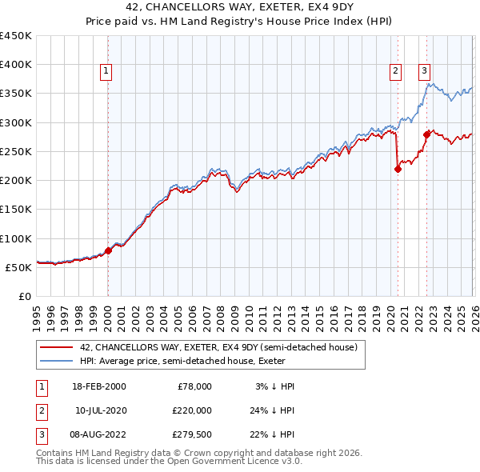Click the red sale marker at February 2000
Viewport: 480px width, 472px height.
(108, 250)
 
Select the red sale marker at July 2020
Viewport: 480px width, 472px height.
(398, 168)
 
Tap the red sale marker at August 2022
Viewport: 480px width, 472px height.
(426, 134)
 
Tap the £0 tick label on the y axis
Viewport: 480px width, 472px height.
(24, 296)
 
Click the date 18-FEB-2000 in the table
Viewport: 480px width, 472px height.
(98, 386)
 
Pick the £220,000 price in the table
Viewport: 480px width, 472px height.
(192, 410)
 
